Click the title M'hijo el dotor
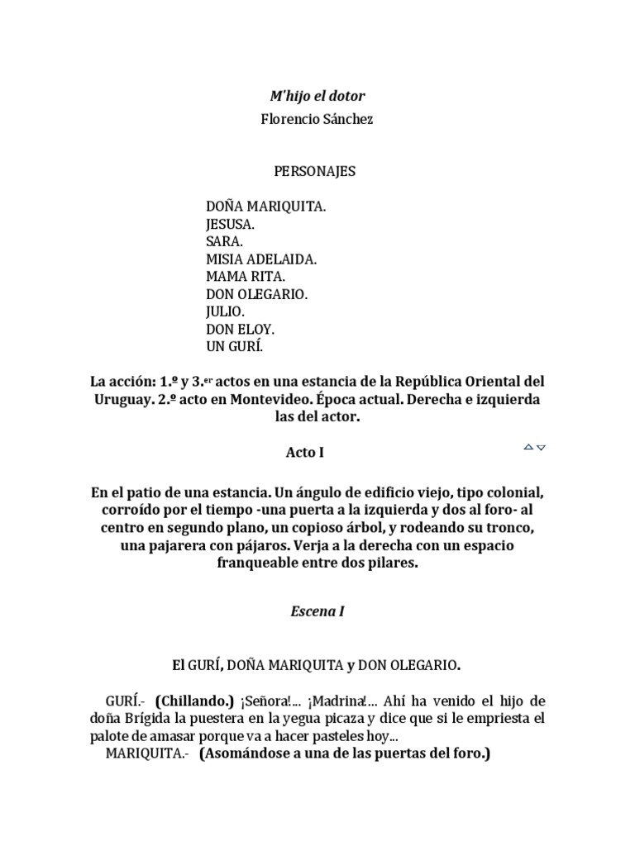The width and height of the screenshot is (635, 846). [317, 97]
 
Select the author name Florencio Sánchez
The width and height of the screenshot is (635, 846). [317, 120]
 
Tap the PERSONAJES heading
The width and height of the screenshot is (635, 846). [315, 172]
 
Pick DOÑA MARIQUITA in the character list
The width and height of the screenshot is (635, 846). [265, 207]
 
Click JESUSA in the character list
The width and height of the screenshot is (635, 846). [231, 224]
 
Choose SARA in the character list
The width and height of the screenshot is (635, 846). [225, 241]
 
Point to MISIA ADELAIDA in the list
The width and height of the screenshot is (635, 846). [261, 259]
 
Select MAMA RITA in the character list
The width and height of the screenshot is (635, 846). [246, 276]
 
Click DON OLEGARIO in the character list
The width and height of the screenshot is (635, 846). [256, 293]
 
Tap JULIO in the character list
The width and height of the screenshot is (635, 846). [225, 311]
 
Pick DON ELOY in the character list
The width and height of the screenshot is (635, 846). [240, 328]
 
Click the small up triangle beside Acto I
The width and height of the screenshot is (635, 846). [528, 447]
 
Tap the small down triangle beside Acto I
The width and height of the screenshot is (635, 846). [542, 447]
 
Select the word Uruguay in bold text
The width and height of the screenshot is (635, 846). [123, 400]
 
